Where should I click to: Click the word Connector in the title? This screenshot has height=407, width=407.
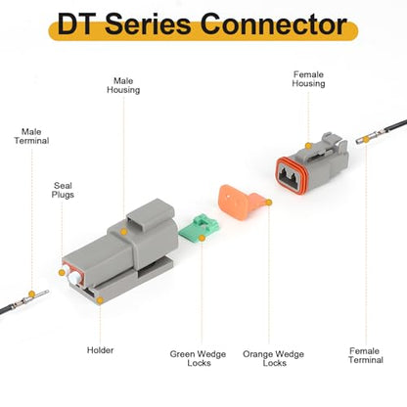coord(273,24)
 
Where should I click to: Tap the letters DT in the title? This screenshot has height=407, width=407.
coord(74,24)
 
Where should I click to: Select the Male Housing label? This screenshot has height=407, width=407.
coord(123,85)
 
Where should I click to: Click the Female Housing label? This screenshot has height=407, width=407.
coord(308,79)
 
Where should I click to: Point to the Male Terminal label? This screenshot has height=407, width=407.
coord(31,136)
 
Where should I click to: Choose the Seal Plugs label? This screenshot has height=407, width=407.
coord(63,190)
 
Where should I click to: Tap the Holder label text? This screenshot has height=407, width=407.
coord(100,350)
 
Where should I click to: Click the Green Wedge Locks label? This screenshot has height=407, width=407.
coord(198,358)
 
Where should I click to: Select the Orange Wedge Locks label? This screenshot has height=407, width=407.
coord(273,358)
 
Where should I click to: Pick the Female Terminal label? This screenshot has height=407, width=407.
coord(366,355)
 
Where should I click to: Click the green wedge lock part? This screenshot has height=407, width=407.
coord(199,228)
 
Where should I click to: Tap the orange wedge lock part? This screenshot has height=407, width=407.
coord(242,203)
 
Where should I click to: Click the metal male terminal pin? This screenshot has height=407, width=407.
coord(31,298)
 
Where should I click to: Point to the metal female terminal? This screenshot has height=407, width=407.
coord(371,138)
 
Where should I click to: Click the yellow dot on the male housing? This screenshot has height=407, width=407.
coord(123,232)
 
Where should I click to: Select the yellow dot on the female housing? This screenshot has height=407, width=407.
coord(308,146)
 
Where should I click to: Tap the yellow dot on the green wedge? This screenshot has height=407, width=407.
coord(202,238)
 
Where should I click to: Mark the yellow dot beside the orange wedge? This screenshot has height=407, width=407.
coord(269,203)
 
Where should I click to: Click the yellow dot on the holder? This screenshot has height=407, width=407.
coord(100,300)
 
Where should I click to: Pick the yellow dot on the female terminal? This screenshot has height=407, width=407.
coord(366,140)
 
